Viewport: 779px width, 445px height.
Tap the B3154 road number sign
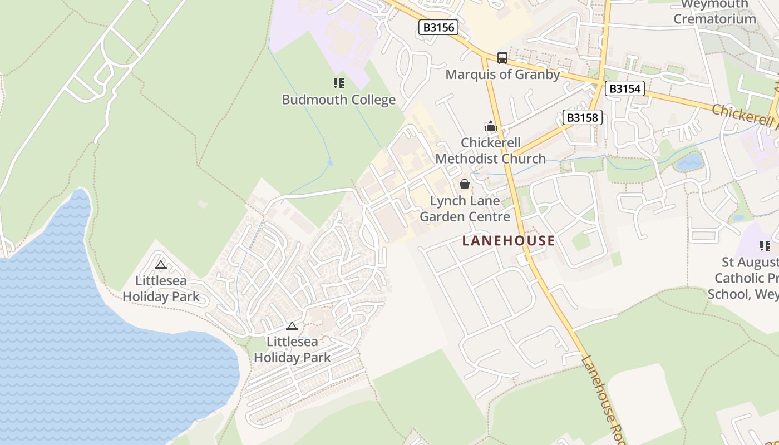click(x=624, y=88)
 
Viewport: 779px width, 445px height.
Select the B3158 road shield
click(x=583, y=117)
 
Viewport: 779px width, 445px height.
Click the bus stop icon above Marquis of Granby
click(x=502, y=57)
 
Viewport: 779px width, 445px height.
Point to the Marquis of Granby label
click(x=502, y=75)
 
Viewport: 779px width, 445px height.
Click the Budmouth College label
click(x=338, y=100)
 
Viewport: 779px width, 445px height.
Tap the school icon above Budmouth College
click(x=338, y=83)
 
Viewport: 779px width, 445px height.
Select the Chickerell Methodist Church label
click(x=490, y=151)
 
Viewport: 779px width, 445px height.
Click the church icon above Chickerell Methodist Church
click(x=490, y=127)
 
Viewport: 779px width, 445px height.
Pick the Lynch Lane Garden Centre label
click(x=465, y=209)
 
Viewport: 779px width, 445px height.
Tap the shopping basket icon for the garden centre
click(x=465, y=184)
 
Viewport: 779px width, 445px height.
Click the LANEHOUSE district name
click(x=509, y=240)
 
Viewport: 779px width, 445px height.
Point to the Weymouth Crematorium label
click(x=714, y=12)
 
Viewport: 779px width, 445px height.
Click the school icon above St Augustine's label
click(x=765, y=245)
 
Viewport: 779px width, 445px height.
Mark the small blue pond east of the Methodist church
click(x=689, y=162)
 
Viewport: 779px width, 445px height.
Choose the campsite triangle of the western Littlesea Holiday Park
click(x=161, y=265)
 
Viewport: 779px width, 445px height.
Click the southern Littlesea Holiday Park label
click(x=292, y=349)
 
